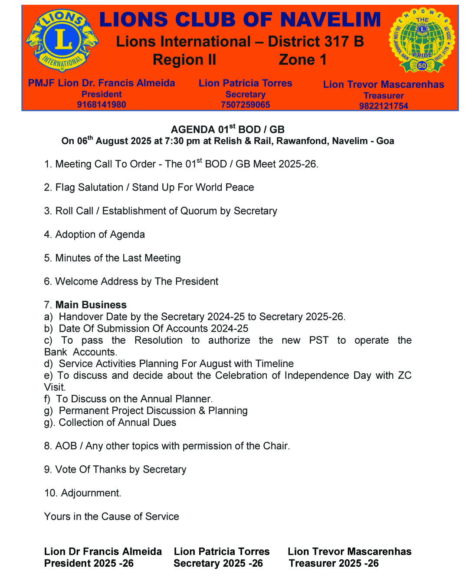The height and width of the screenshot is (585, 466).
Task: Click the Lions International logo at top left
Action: (x=62, y=40)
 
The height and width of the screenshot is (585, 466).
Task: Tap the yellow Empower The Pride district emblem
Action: (x=422, y=39)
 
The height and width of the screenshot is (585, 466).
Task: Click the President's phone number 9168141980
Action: (x=102, y=105)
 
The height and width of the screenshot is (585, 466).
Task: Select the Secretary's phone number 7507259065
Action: (x=245, y=105)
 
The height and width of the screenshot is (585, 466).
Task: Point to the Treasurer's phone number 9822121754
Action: (x=383, y=106)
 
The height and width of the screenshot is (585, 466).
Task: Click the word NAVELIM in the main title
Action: (x=330, y=20)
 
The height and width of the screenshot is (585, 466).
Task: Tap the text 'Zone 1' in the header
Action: (x=302, y=59)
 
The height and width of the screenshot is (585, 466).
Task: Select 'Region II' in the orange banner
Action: (x=184, y=59)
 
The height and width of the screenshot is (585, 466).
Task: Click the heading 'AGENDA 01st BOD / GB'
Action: (x=227, y=129)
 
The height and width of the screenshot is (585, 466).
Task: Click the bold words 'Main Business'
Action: (x=91, y=305)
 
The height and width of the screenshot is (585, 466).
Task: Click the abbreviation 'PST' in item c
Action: (x=318, y=340)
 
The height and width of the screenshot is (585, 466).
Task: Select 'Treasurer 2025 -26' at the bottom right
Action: (x=334, y=563)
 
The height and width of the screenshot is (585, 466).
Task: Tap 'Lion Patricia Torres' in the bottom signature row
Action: (x=221, y=552)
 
